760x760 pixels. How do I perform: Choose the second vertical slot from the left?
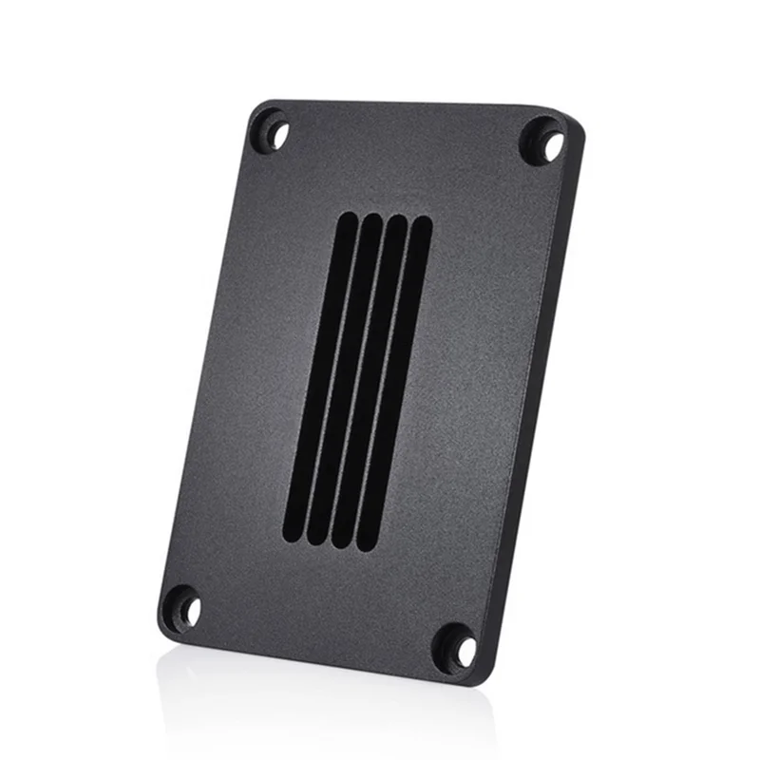345,375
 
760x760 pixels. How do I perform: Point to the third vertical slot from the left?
370,380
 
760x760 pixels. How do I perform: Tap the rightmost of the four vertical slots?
396,385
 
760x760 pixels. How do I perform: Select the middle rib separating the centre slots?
358,377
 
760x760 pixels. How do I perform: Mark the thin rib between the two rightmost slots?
384,382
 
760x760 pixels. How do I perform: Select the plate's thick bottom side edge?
313,660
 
